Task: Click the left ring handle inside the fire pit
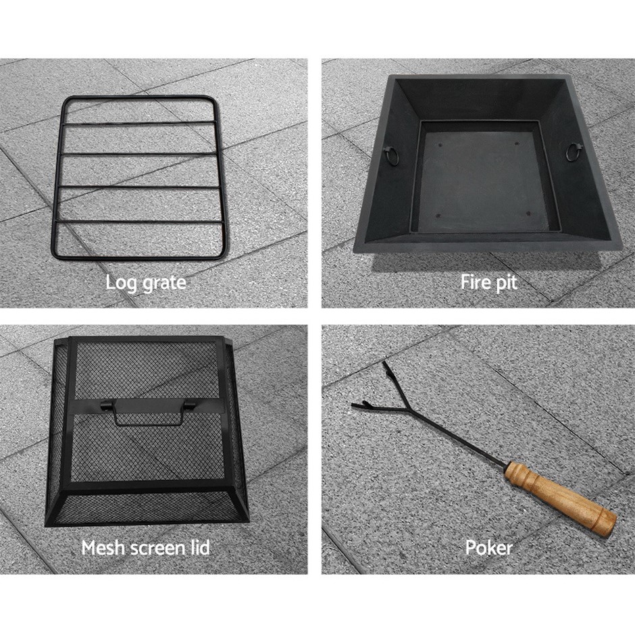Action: [392, 155]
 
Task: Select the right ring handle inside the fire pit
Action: [574, 152]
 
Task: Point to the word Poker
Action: [489, 548]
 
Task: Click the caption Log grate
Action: [146, 283]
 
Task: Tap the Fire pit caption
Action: [489, 282]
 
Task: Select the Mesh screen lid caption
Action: [145, 548]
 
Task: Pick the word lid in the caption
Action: [200, 548]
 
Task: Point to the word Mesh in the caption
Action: [99, 548]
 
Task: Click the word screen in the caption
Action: [154, 549]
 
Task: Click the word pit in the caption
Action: [507, 282]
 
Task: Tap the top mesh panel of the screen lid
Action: [147, 370]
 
